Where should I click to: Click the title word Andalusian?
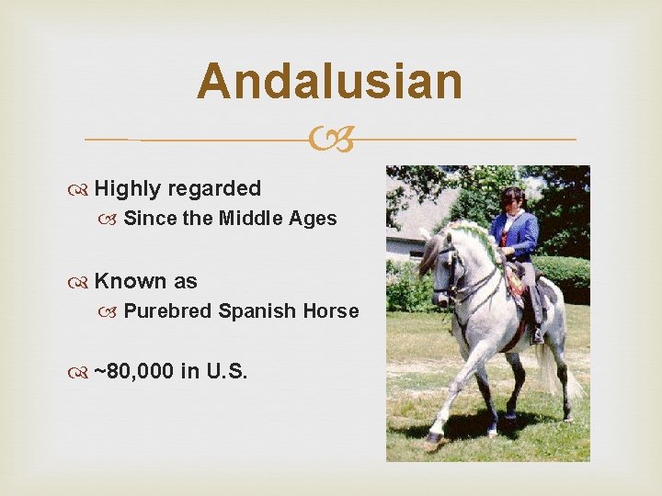330,81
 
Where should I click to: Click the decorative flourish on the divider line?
330,141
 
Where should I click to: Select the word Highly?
127,189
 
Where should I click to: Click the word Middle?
254,219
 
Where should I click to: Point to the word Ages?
315,219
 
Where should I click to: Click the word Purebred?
167,311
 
